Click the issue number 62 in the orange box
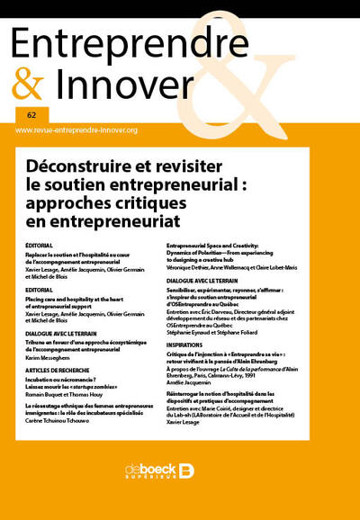tap(31, 115)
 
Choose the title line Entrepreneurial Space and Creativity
tap(220, 244)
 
